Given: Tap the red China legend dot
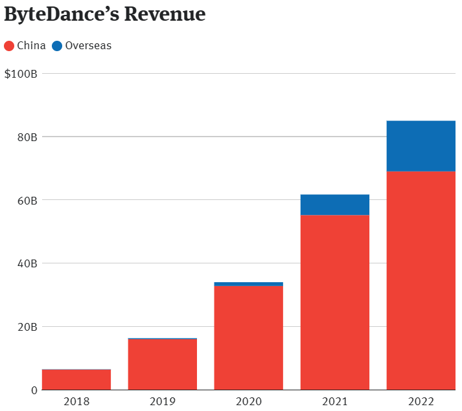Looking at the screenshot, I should pyautogui.click(x=9, y=46).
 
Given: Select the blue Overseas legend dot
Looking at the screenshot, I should pyautogui.click(x=57, y=46).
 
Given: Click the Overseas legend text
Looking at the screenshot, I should pyautogui.click(x=88, y=46).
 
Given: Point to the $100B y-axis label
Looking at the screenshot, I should pyautogui.click(x=21, y=74).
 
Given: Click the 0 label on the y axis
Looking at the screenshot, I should pyautogui.click(x=34, y=390).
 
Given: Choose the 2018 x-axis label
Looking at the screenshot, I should pyautogui.click(x=76, y=401).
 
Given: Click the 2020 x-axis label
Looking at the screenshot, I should pyautogui.click(x=249, y=401).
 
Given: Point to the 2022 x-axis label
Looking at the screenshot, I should pyautogui.click(x=421, y=401).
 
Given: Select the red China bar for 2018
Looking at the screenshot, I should pyautogui.click(x=76, y=380).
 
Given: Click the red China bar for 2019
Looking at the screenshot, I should pyautogui.click(x=163, y=364).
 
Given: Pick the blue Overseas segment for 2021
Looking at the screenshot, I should pyautogui.click(x=335, y=205).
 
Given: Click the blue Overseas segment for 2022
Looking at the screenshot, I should pyautogui.click(x=421, y=146).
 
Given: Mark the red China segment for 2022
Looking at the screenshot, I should pyautogui.click(x=421, y=280).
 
